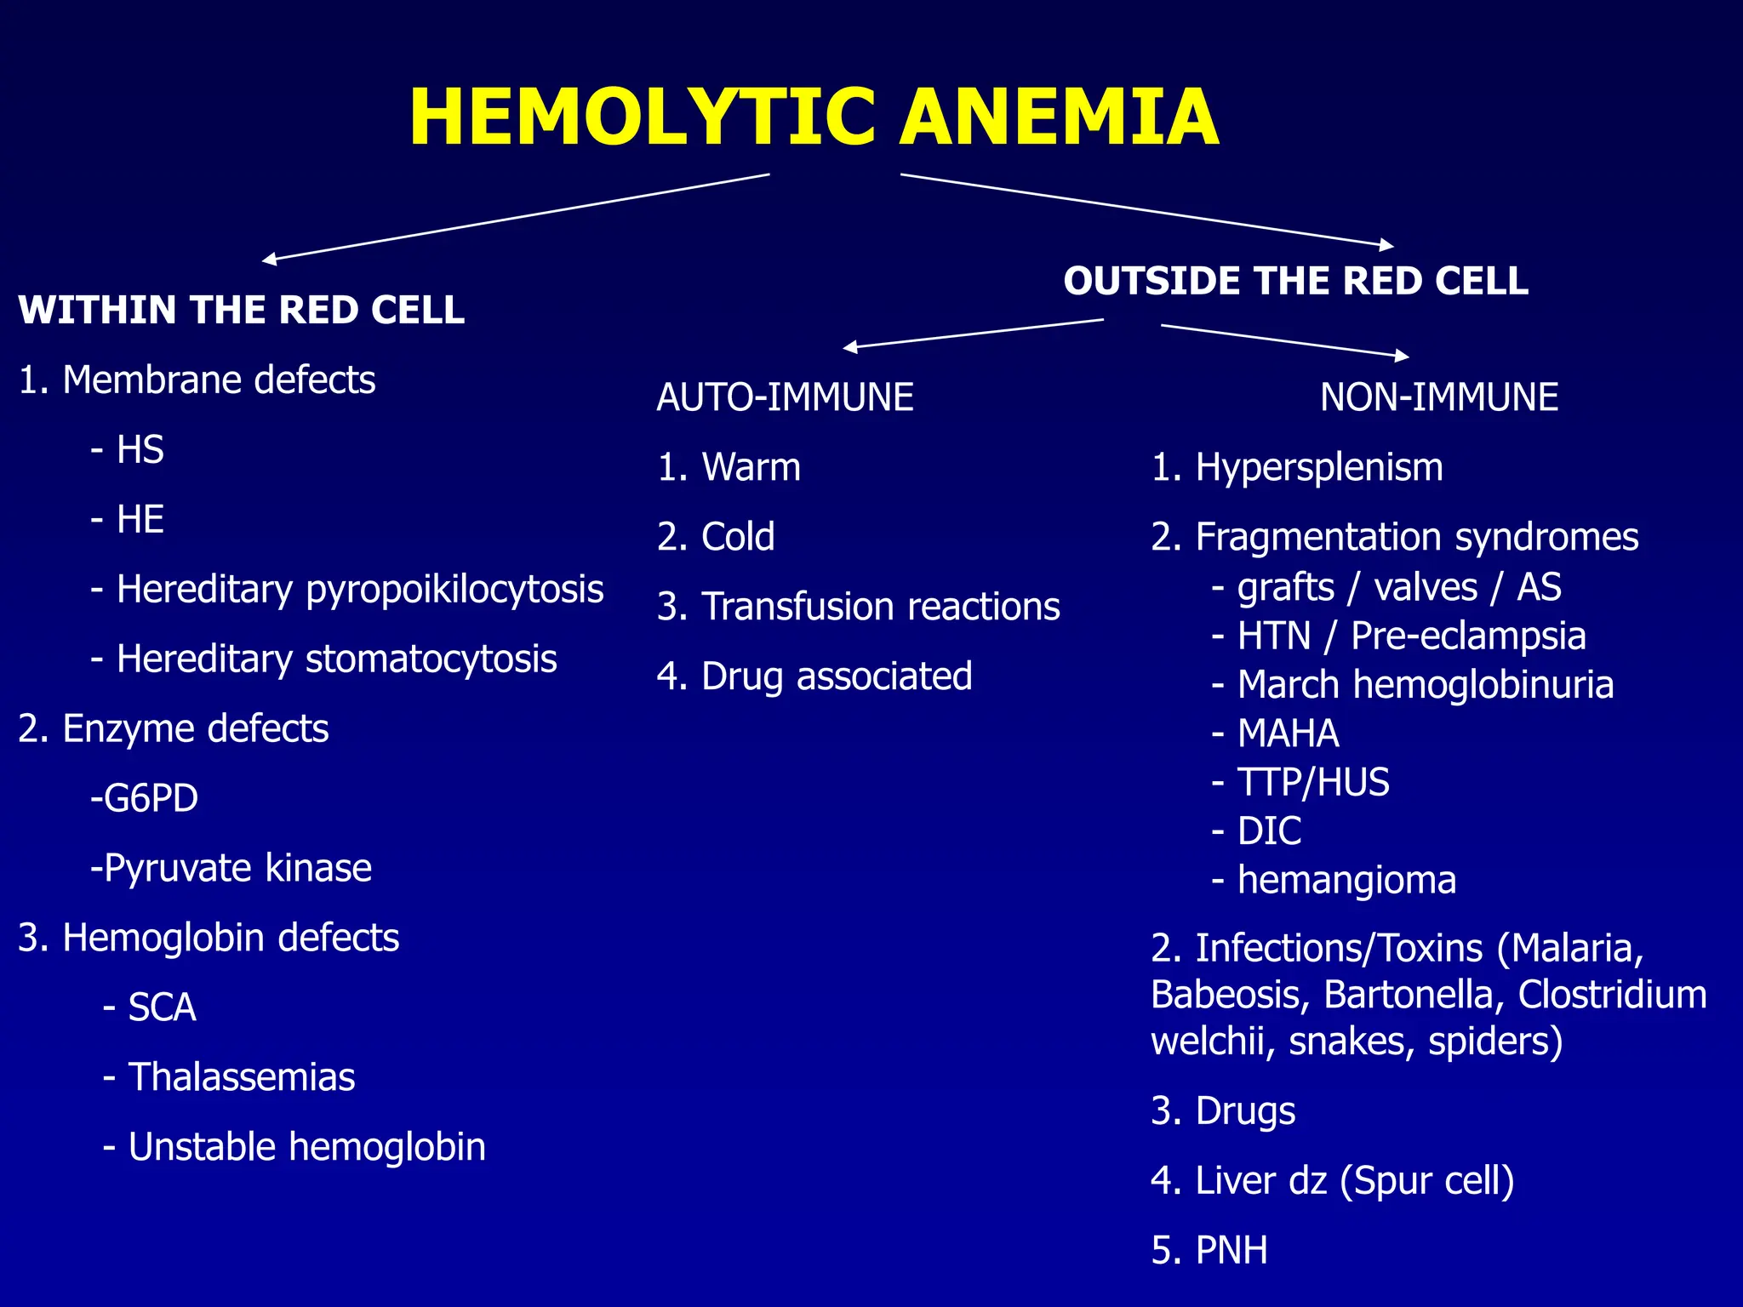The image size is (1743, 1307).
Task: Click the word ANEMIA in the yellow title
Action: click(1059, 117)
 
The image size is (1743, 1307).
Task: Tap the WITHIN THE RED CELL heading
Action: click(242, 310)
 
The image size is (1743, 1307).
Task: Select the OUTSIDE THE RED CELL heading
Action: click(1295, 281)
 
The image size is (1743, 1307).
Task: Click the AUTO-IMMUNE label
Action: click(785, 397)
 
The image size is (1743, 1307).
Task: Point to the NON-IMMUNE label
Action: click(1438, 397)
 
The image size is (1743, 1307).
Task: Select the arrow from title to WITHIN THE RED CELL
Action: click(515, 217)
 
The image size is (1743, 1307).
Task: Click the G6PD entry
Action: click(145, 798)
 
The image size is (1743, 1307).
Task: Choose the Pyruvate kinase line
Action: click(231, 868)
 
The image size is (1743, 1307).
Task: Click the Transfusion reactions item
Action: click(858, 607)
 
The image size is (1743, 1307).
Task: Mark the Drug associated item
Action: click(814, 676)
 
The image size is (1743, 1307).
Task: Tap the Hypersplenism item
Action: click(1297, 467)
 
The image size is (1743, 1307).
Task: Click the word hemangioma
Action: click(1346, 880)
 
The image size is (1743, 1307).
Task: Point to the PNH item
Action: click(1209, 1250)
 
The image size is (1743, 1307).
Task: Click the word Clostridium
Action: click(1611, 995)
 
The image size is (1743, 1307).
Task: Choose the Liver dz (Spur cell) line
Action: click(1333, 1180)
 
